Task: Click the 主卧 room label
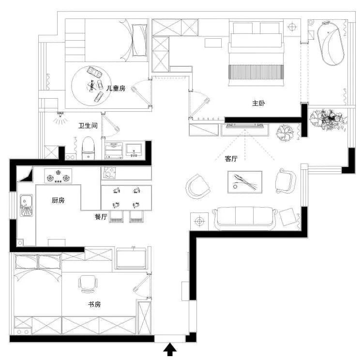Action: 258,103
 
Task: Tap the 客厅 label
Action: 231,159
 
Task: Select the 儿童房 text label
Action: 116,88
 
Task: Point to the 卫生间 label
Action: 88,126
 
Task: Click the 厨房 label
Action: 58,200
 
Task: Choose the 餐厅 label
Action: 101,217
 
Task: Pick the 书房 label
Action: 94,304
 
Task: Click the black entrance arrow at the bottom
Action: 170,349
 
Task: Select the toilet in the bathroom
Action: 88,148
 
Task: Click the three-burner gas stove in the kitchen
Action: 58,176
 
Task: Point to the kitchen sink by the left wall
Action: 26,205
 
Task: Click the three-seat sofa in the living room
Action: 245,219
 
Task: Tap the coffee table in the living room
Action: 245,182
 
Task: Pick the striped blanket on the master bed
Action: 256,72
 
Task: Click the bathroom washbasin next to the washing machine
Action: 134,150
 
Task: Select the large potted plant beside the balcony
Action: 328,118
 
